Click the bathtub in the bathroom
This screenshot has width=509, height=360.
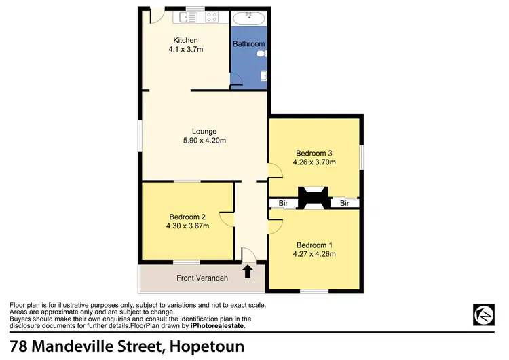(x=249, y=18)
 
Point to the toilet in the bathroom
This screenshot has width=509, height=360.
(x=265, y=52)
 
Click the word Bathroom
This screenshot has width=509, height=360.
(x=248, y=44)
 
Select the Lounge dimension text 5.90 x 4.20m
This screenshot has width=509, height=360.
(x=204, y=141)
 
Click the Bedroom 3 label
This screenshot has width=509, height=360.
(x=314, y=153)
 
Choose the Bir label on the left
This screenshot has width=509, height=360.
(x=282, y=203)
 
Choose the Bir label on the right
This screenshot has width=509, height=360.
(x=345, y=203)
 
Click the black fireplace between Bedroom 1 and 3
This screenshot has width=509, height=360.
(x=314, y=198)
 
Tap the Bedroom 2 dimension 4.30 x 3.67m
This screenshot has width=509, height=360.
(x=187, y=226)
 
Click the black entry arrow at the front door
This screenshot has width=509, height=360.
(x=248, y=272)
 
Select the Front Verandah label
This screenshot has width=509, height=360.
(x=202, y=278)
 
